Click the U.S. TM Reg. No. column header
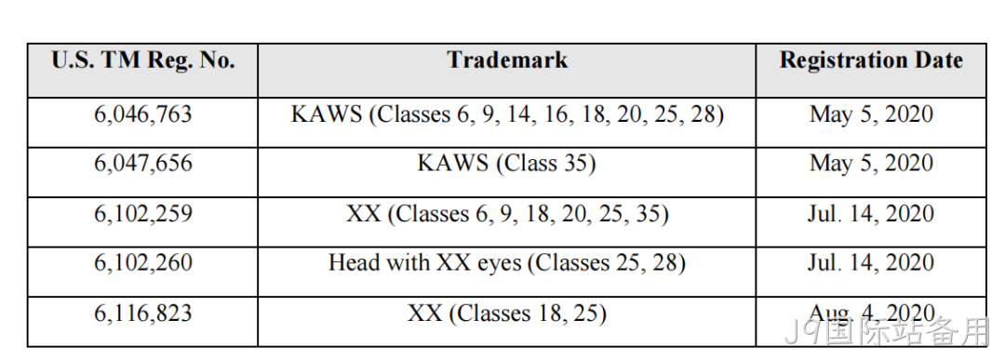pyautogui.click(x=143, y=60)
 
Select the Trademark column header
pyautogui.click(x=507, y=60)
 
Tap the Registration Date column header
pyautogui.click(x=871, y=60)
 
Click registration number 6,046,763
pyautogui.click(x=143, y=114)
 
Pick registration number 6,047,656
pyautogui.click(x=143, y=164)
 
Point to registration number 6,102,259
pyautogui.click(x=143, y=213)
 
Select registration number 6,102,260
pyautogui.click(x=143, y=262)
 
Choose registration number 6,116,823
pyautogui.click(x=143, y=313)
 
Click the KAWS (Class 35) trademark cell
pyautogui.click(x=507, y=164)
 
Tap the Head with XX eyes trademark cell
pyautogui.click(x=507, y=262)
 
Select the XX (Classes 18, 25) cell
pyautogui.click(x=507, y=313)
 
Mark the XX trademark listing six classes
pyautogui.click(x=507, y=213)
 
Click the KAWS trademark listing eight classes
pyautogui.click(x=507, y=114)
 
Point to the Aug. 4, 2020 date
pyautogui.click(x=871, y=313)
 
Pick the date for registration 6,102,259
pyautogui.click(x=871, y=213)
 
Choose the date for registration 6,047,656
pyautogui.click(x=871, y=164)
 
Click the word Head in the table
pyautogui.click(x=353, y=262)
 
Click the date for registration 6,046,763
pyautogui.click(x=871, y=114)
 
